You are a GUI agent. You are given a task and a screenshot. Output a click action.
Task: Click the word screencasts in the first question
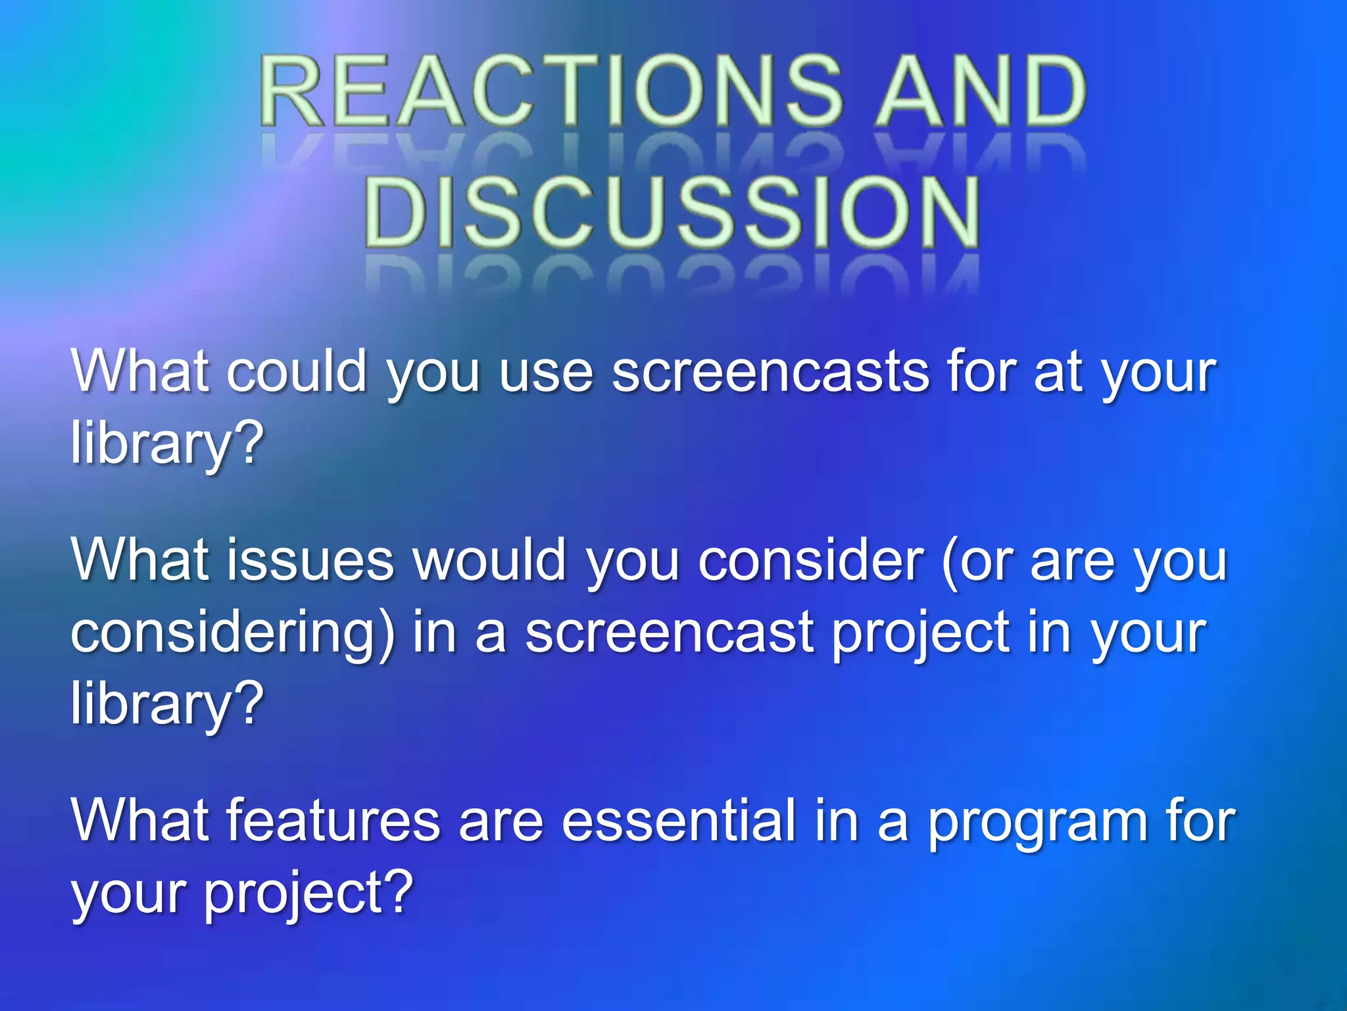(770, 373)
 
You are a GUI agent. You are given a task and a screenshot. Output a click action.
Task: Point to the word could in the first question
(297, 373)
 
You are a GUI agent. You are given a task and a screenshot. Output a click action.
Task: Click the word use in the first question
(546, 373)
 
